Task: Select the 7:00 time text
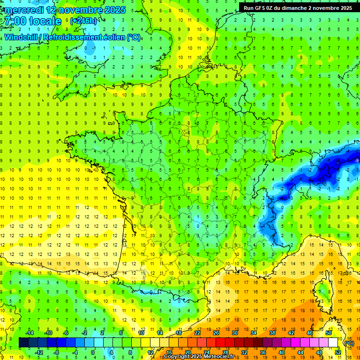point(15,21)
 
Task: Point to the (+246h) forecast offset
point(84,21)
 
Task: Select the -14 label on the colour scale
point(30,333)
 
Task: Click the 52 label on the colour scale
point(338,352)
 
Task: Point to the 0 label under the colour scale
point(92,352)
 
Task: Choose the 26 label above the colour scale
point(216,333)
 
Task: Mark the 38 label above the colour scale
point(272,333)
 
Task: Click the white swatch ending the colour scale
point(333,343)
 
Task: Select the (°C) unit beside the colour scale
point(349,343)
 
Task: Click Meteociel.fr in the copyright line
point(218,357)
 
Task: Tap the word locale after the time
point(45,21)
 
